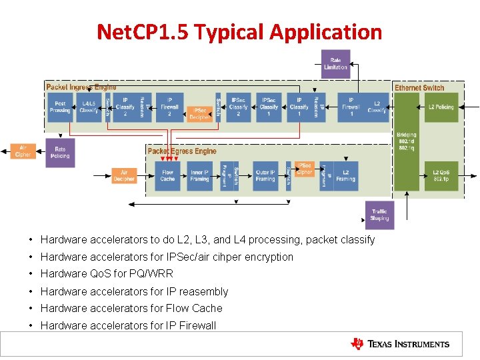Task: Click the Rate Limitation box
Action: (x=335, y=64)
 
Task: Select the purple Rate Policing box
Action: (x=60, y=153)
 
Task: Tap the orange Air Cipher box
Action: (x=23, y=152)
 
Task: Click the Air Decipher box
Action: (x=124, y=176)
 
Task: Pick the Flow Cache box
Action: (x=167, y=176)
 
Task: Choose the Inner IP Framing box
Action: (x=199, y=176)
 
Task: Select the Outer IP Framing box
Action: (x=265, y=176)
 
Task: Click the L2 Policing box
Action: (x=441, y=107)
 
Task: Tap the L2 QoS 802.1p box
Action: (x=441, y=176)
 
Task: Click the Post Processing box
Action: (x=60, y=107)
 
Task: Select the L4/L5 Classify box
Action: (x=89, y=107)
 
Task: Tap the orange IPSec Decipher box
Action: (x=199, y=114)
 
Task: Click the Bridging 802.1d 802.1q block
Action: (x=406, y=141)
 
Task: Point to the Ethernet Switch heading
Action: (x=419, y=88)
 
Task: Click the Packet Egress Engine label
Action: (x=182, y=151)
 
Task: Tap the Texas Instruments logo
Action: (x=400, y=344)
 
